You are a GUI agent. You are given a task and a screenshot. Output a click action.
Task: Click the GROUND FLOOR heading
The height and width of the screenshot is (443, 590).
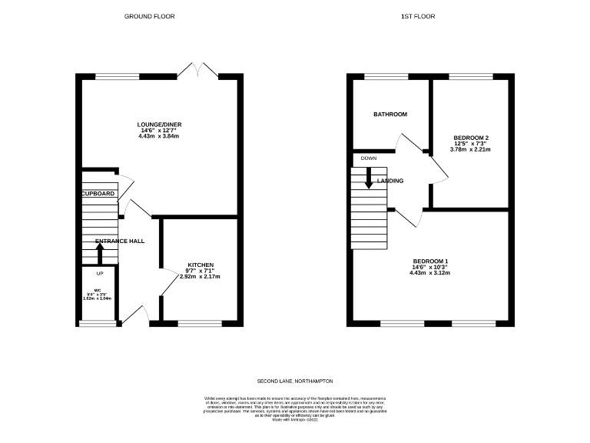coord(144,16)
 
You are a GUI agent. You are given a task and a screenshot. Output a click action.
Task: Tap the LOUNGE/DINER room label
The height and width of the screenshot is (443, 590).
coord(159,124)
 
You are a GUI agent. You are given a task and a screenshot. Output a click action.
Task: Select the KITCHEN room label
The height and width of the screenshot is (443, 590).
coord(201,265)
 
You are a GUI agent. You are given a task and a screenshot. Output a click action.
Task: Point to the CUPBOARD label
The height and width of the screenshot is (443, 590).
coord(98,194)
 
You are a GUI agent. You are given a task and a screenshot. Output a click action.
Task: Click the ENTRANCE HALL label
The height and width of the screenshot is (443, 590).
coord(120,241)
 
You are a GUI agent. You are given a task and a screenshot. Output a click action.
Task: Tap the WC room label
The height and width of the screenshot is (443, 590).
coord(98,290)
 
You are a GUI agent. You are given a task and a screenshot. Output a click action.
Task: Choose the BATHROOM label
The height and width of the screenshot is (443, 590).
coord(389,114)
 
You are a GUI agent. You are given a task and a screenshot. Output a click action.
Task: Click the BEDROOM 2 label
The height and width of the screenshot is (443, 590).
coord(470,138)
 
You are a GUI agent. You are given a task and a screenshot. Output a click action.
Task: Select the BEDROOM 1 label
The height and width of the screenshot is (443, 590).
coord(429,260)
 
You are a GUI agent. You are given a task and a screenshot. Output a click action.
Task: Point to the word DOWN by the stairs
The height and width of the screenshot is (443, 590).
coord(368,158)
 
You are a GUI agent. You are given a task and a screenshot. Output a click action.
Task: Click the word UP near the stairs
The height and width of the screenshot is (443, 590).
coord(99,274)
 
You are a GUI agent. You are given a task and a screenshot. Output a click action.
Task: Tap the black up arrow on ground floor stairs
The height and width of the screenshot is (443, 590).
coord(99,252)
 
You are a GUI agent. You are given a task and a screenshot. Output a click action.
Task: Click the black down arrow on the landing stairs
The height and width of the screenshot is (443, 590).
coord(369,181)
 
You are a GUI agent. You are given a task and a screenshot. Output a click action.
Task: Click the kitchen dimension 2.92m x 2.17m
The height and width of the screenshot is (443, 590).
coord(201,276)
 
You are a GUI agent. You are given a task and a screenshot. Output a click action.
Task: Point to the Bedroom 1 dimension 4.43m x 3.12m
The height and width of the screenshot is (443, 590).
coord(429,272)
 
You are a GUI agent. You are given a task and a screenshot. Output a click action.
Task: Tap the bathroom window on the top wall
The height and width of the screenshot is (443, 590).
coord(386,76)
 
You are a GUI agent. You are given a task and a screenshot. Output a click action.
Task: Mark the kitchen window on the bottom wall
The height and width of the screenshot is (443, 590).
coord(200,324)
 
